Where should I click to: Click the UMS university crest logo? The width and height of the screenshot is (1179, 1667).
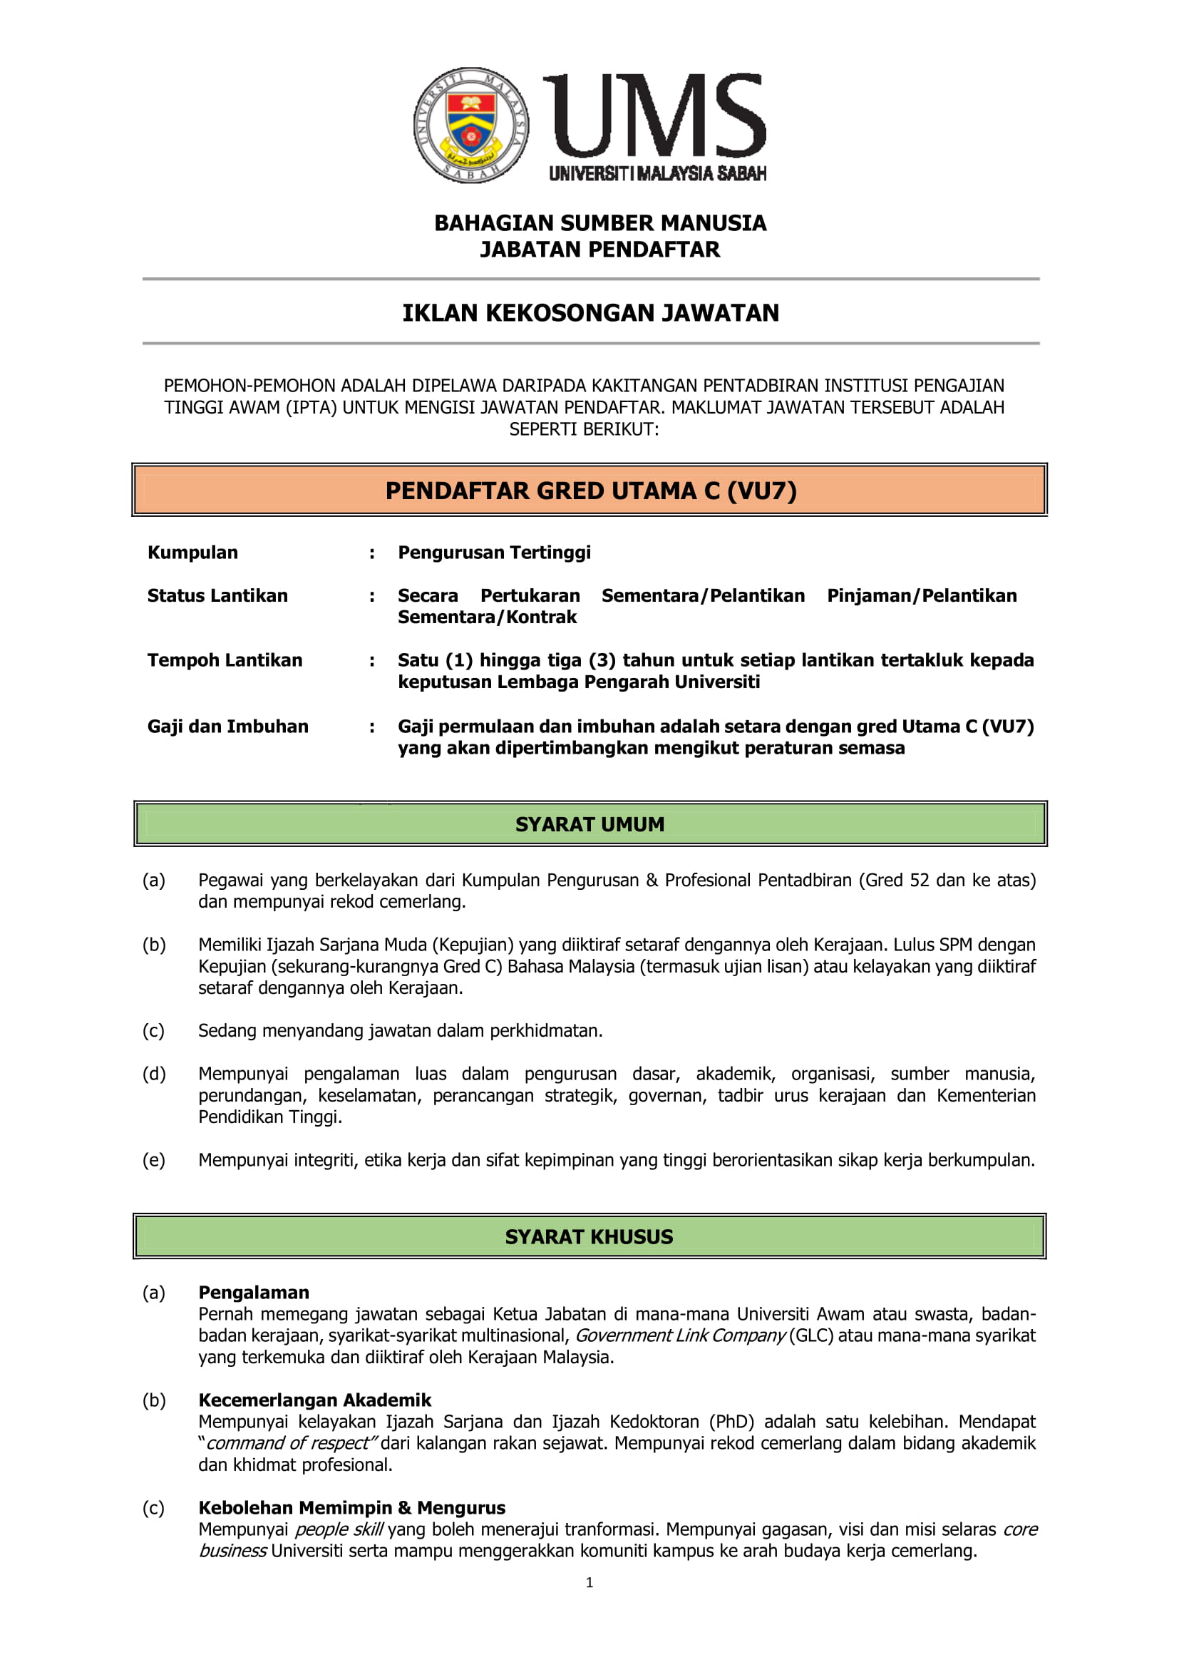pyautogui.click(x=470, y=125)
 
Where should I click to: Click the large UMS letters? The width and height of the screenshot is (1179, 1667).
pyautogui.click(x=655, y=116)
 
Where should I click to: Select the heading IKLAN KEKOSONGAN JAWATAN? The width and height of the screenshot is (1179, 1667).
pyautogui.click(x=590, y=313)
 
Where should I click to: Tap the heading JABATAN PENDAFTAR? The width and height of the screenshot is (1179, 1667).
pyautogui.click(x=599, y=250)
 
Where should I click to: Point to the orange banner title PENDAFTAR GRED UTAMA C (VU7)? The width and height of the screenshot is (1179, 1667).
pyautogui.click(x=590, y=491)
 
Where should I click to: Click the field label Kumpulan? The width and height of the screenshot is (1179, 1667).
pyautogui.click(x=192, y=553)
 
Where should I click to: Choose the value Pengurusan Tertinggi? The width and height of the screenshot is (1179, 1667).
pyautogui.click(x=494, y=553)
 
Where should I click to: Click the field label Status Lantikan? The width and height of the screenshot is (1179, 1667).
pyautogui.click(x=217, y=596)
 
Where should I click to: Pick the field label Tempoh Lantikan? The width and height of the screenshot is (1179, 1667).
pyautogui.click(x=225, y=660)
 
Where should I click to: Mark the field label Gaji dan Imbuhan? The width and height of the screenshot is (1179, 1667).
pyautogui.click(x=227, y=727)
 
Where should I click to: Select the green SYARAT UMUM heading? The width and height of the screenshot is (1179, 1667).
pyautogui.click(x=589, y=825)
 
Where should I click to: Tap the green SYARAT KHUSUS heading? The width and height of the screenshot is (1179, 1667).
pyautogui.click(x=589, y=1237)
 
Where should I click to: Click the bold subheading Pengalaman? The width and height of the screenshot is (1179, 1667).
pyautogui.click(x=253, y=1293)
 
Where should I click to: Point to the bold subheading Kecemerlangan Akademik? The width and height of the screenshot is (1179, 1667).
pyautogui.click(x=314, y=1400)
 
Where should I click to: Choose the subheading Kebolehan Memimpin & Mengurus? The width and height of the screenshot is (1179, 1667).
pyautogui.click(x=351, y=1508)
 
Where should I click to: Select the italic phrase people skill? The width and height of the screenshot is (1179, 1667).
pyautogui.click(x=339, y=1530)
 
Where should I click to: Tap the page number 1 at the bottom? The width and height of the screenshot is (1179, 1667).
pyautogui.click(x=589, y=1583)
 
